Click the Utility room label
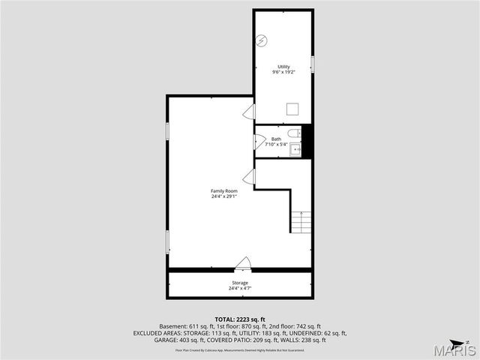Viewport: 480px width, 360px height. [283, 67]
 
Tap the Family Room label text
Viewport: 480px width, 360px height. [223, 191]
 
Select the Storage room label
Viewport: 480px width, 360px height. [239, 283]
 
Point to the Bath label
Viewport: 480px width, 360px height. [276, 139]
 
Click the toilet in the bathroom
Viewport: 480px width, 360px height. [297, 133]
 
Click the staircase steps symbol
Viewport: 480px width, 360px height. [301, 222]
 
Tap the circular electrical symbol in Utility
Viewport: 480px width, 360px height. [262, 40]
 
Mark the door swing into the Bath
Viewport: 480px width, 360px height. [259, 142]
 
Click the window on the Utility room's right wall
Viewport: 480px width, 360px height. [312, 64]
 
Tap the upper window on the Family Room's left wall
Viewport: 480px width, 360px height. [168, 130]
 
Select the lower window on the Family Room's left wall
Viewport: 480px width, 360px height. [168, 241]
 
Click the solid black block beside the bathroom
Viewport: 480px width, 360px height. [306, 142]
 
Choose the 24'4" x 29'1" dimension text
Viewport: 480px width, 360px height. [223, 196]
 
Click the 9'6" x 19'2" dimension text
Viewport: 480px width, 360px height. [283, 72]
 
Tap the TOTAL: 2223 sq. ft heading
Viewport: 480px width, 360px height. [240, 319]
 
